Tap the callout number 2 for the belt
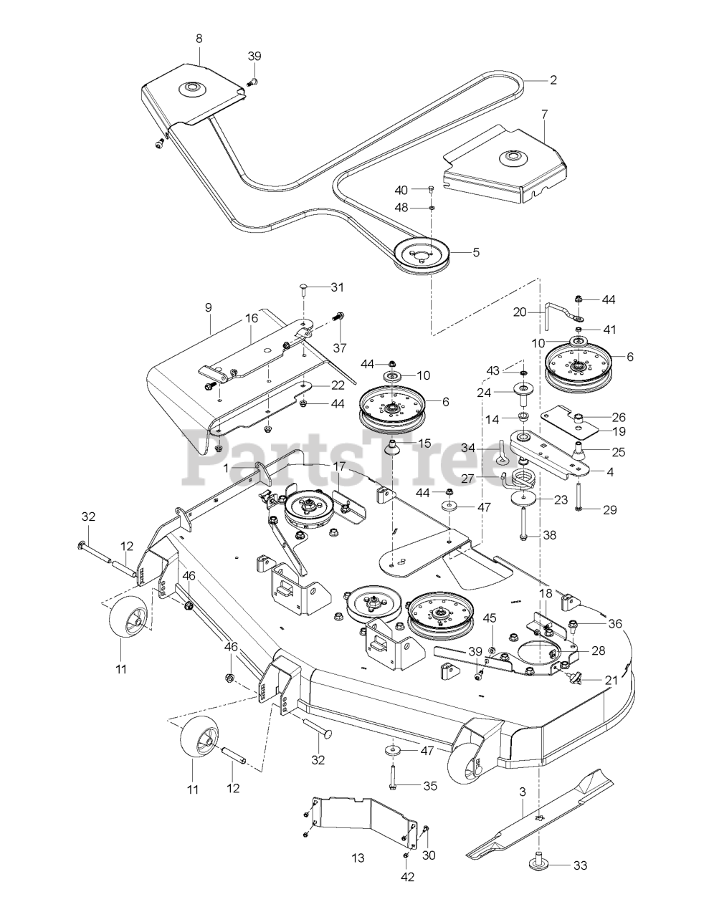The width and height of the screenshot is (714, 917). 553,80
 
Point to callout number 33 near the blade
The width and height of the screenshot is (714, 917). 580,865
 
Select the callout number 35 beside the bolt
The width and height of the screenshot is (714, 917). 429,786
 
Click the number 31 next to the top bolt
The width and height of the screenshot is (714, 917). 337,287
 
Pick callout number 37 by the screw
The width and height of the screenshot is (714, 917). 339,348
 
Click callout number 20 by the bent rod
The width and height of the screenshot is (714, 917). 520,312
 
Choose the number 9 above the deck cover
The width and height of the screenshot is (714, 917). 208,307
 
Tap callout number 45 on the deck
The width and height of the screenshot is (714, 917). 490,618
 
